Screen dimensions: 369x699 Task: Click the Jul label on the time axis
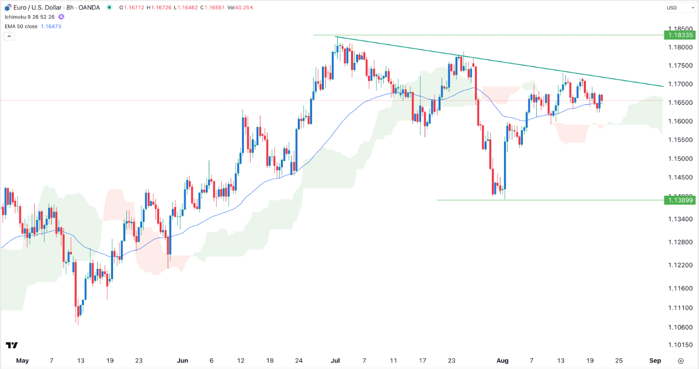(x=335, y=360)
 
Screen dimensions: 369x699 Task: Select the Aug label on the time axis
(x=502, y=360)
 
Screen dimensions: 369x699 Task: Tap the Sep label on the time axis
(x=656, y=360)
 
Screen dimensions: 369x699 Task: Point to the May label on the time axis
(x=22, y=360)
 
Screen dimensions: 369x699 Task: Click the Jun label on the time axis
(x=182, y=360)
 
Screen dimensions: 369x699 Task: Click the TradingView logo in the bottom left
(x=12, y=345)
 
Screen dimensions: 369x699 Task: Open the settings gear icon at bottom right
(x=680, y=360)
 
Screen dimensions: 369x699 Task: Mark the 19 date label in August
(x=589, y=360)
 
